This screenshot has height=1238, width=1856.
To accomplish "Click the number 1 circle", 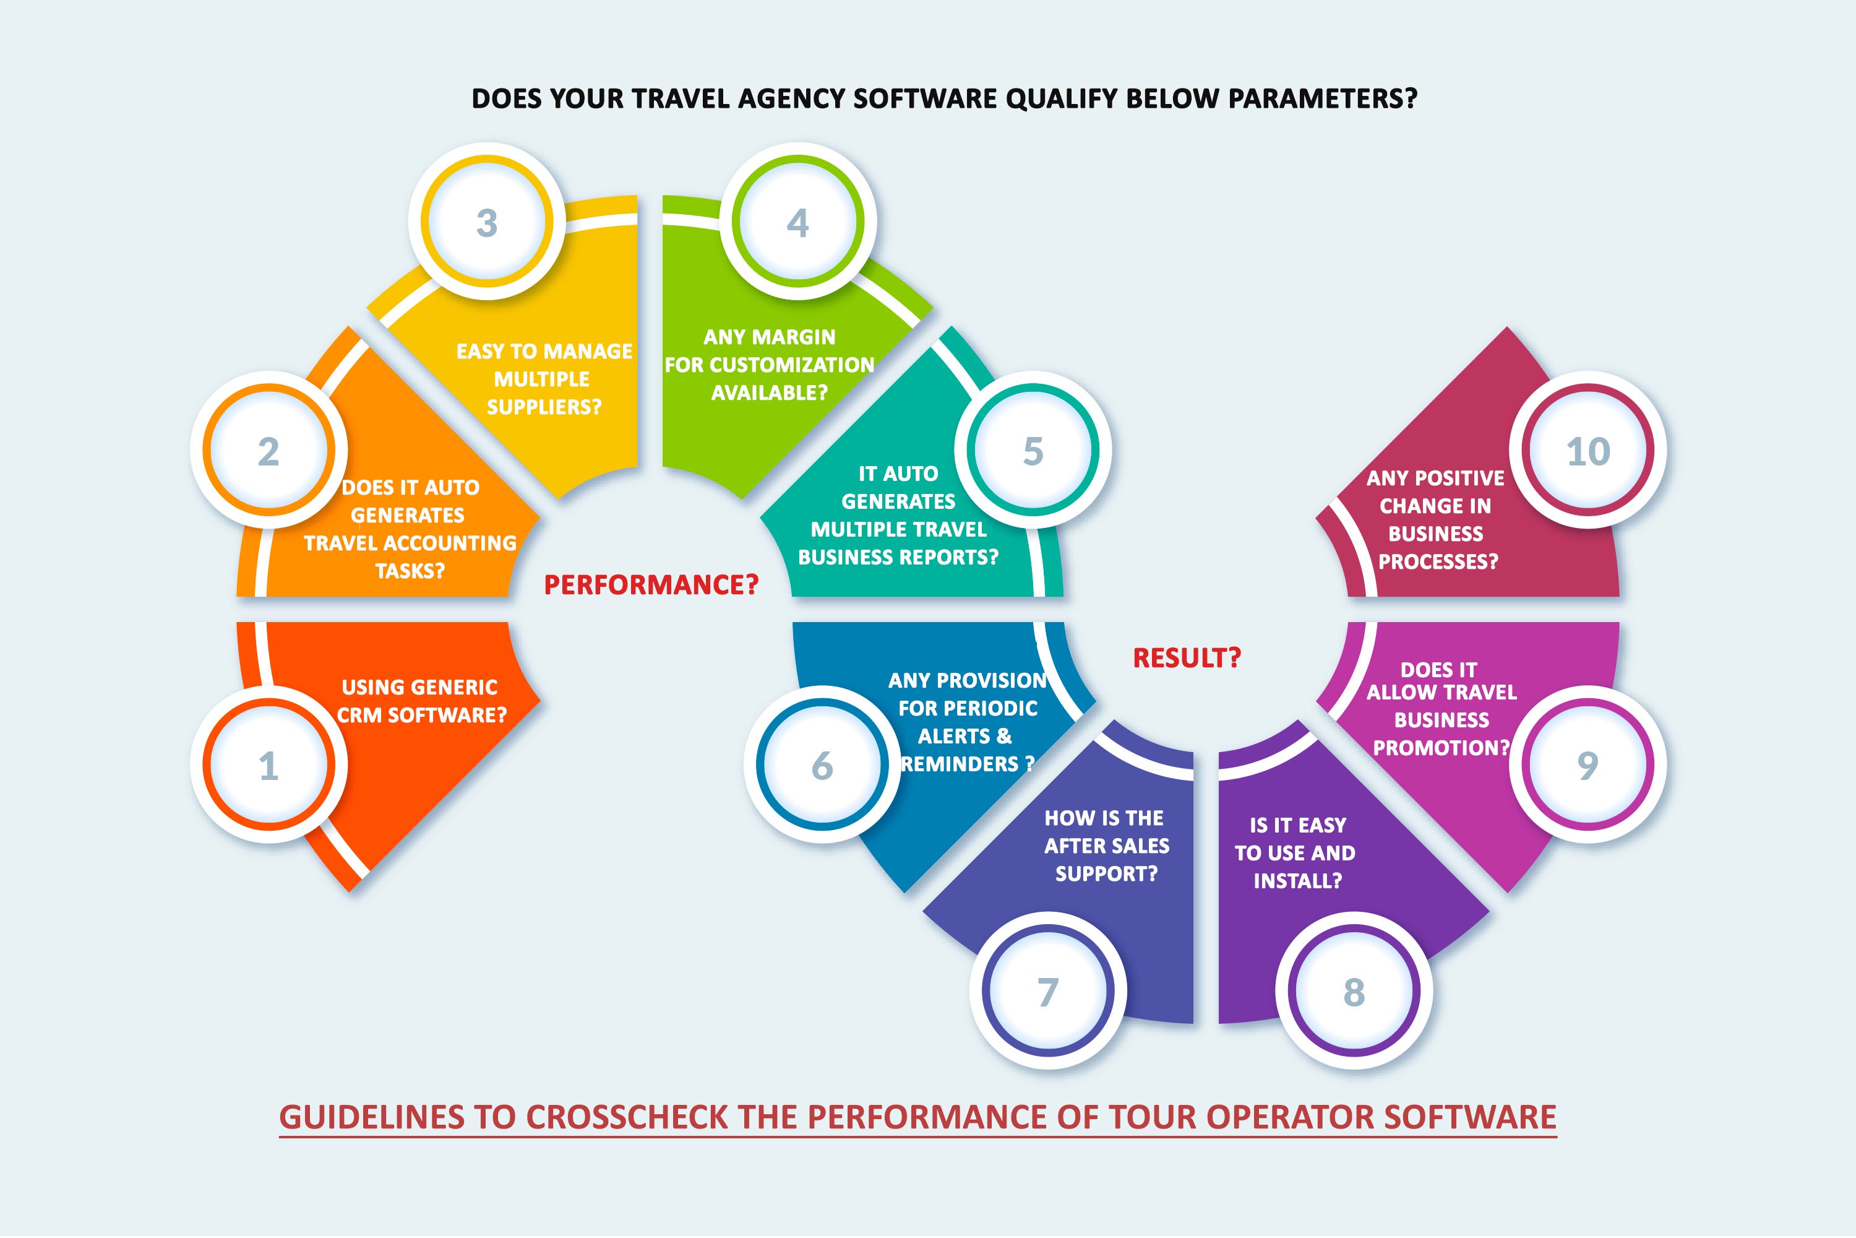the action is pos(269,764).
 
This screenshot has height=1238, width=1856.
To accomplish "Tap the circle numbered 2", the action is pos(269,450).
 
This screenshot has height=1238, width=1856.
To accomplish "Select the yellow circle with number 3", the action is pos(487,222).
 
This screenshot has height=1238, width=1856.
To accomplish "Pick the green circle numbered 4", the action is pos(798,222).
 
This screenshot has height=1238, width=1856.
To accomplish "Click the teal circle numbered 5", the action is pos(1033,450).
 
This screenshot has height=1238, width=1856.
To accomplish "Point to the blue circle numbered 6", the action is pos(822,764).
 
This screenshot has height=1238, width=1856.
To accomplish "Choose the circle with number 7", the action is pos(1048,991).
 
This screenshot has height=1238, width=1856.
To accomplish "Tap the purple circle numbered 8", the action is pos(1354,991).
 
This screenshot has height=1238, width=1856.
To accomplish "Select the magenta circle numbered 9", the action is pos(1587,764).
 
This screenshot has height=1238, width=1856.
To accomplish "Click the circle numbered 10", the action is pos(1587,450).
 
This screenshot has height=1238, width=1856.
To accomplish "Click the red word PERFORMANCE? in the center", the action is pos(651,585).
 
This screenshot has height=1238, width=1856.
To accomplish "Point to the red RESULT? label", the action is pos(1187,657).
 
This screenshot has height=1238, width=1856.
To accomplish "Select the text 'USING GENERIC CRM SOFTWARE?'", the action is pos(421,701).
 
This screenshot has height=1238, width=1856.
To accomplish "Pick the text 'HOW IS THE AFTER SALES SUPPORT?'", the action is pos(1106,846).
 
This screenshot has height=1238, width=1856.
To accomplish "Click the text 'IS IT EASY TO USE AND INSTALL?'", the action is pos(1297,853).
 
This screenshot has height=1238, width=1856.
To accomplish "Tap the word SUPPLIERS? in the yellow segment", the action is pos(544,407).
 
